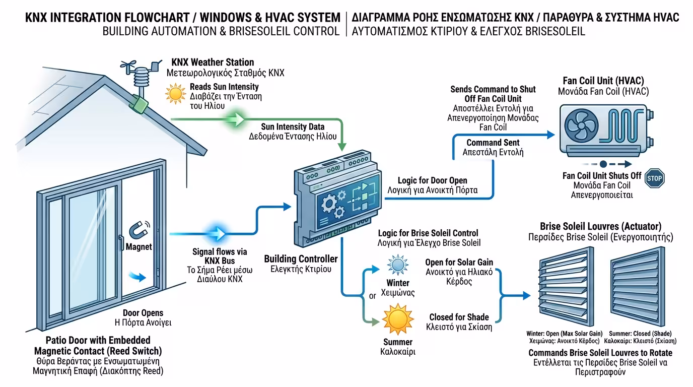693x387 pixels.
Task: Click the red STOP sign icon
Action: tap(654, 178)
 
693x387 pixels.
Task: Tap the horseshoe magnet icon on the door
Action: tap(138, 229)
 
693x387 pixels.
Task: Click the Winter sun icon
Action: tap(397, 265)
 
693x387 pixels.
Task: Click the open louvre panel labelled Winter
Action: tap(563, 288)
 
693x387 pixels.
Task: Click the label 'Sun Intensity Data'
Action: tap(293, 127)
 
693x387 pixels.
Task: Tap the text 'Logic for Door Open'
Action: tap(432, 180)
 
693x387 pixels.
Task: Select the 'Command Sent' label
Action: tap(493, 143)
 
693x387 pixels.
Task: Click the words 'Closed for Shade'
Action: tap(459, 317)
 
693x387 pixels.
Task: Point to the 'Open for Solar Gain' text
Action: tap(459, 262)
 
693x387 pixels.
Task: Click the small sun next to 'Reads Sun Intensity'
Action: tap(175, 93)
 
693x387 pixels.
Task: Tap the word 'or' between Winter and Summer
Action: tap(372, 296)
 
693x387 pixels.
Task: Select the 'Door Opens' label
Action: tap(143, 313)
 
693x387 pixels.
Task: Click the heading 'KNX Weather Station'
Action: tap(213, 62)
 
